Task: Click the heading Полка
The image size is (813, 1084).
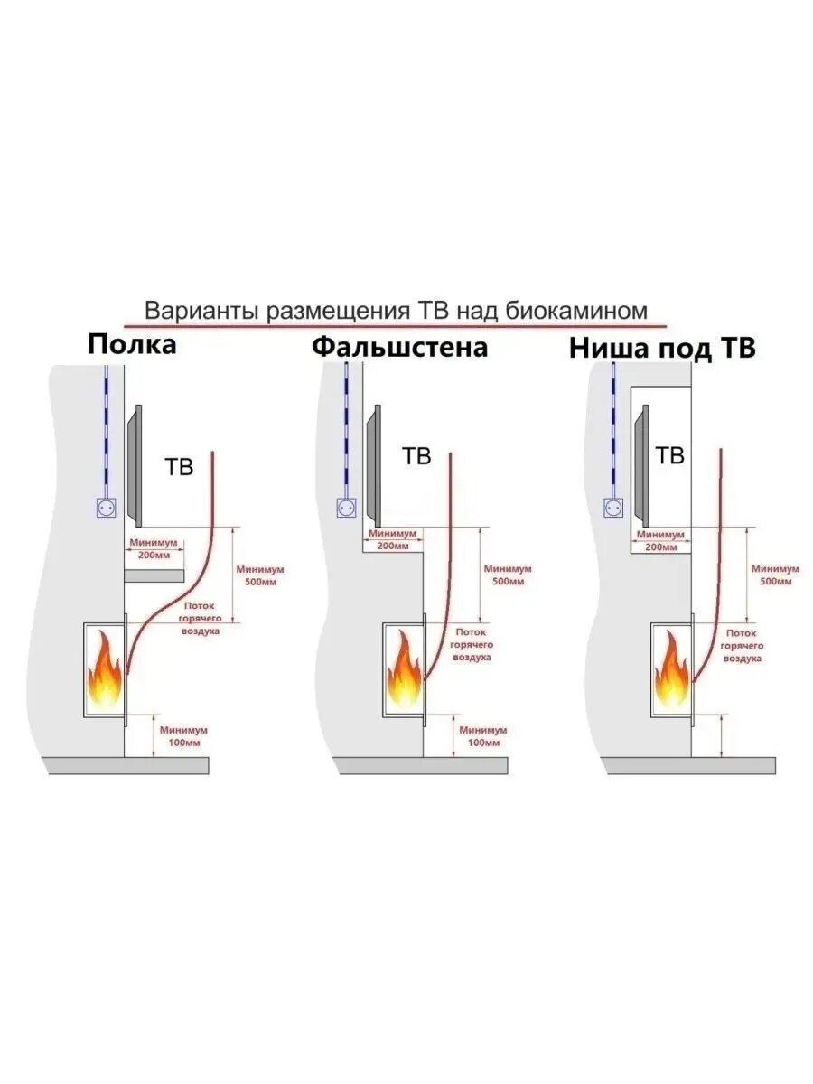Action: [132, 344]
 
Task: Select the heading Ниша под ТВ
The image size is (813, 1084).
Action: [661, 349]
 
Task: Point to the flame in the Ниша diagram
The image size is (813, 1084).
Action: [671, 672]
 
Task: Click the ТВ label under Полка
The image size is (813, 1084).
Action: [178, 467]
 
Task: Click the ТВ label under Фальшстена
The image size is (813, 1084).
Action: [416, 456]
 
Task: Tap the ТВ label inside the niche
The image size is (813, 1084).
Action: [669, 456]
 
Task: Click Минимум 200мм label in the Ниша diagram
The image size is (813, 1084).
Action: [659, 541]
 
